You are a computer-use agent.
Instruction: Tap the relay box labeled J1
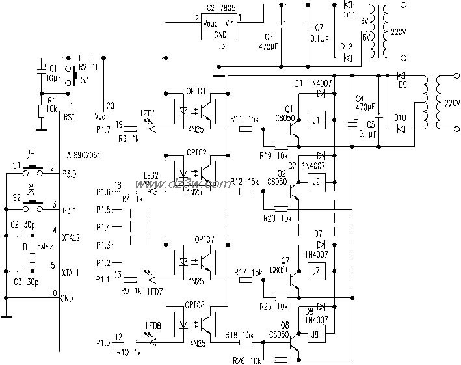[317, 120]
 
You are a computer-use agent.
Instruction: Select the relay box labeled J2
[317, 181]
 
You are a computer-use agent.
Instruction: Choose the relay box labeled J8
[316, 336]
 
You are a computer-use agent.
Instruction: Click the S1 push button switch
[31, 170]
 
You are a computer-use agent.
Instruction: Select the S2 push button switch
[31, 204]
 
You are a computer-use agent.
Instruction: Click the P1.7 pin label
[103, 131]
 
